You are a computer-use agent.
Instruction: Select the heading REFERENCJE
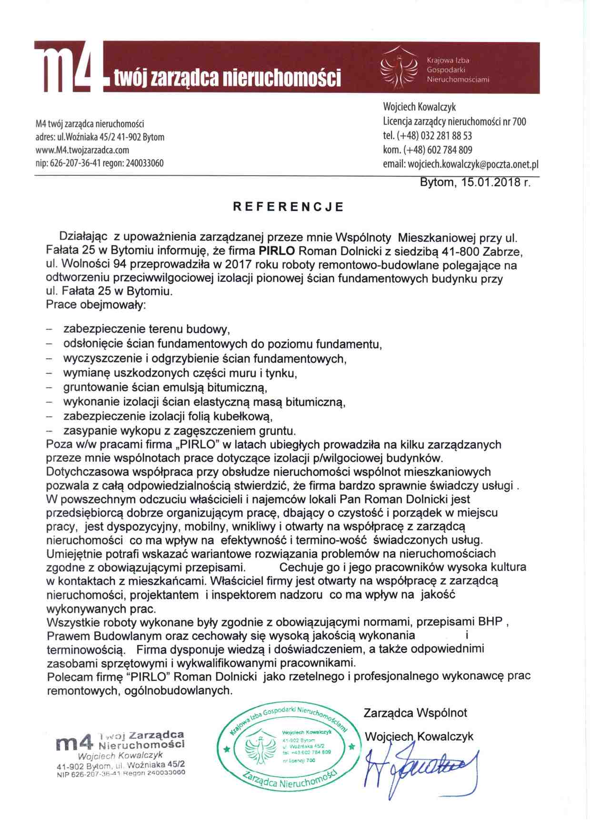click(x=288, y=207)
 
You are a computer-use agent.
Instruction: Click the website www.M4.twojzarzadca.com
click(x=82, y=150)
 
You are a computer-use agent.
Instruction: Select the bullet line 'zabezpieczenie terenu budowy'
click(x=147, y=329)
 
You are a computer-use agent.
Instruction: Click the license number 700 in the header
click(x=519, y=122)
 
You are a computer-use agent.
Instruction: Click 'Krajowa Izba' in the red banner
click(x=448, y=60)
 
